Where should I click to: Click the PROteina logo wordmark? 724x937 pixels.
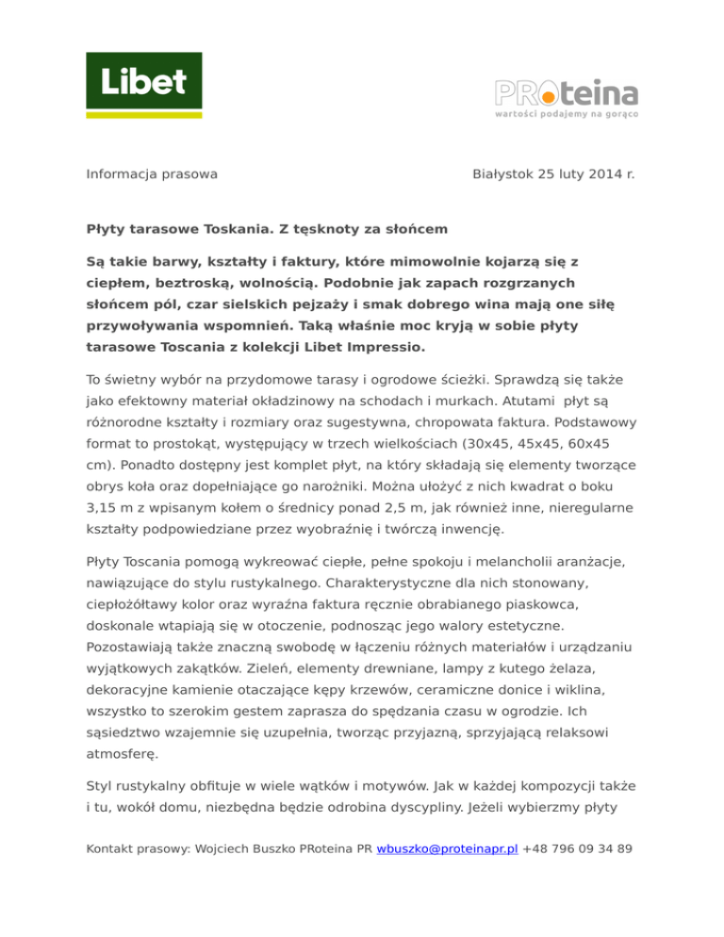coord(567,94)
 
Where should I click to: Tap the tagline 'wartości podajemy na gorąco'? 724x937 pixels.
coord(567,115)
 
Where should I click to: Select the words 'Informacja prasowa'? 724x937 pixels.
coord(152,174)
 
